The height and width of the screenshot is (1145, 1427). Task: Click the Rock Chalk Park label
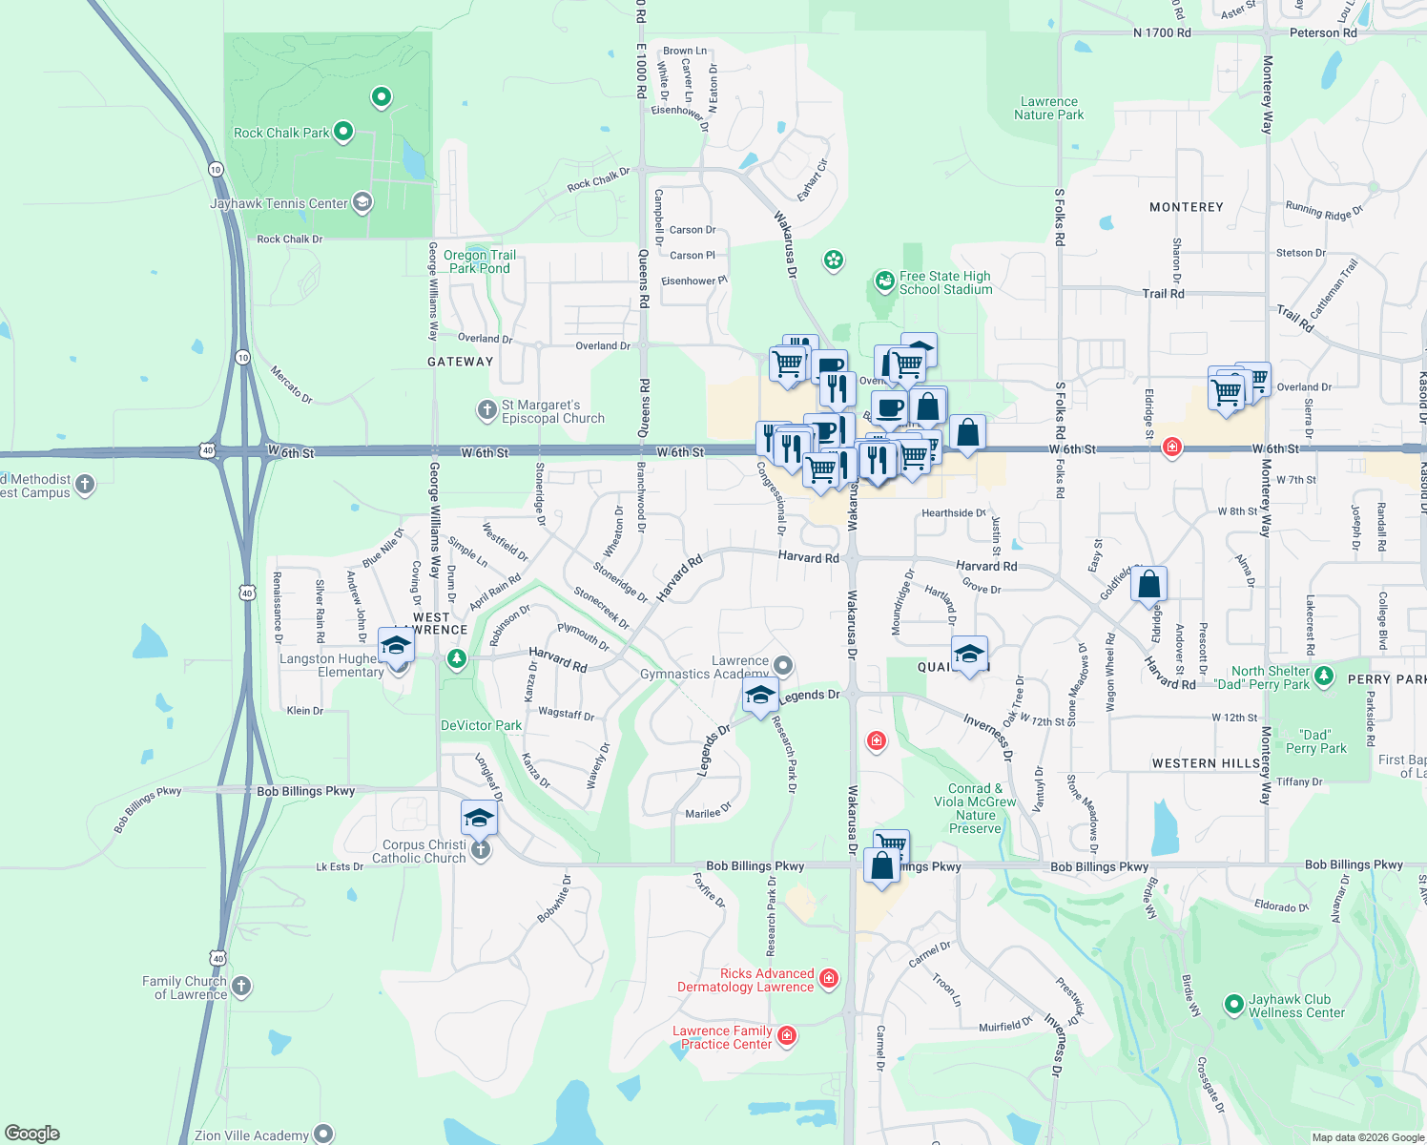pyautogui.click(x=281, y=133)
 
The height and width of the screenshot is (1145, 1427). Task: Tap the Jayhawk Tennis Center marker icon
pyautogui.click(x=362, y=202)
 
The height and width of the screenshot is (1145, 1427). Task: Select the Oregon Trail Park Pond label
pyautogui.click(x=480, y=261)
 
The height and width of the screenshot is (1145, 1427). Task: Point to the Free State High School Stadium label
pyautogui.click(x=945, y=282)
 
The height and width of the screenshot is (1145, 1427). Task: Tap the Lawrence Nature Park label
pyautogui.click(x=1049, y=108)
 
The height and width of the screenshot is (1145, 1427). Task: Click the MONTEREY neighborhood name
pyautogui.click(x=1186, y=207)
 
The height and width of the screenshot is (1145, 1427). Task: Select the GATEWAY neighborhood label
pyautogui.click(x=461, y=362)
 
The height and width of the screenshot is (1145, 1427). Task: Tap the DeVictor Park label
pyautogui.click(x=481, y=725)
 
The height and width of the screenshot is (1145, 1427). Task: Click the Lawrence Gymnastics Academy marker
pyautogui.click(x=783, y=665)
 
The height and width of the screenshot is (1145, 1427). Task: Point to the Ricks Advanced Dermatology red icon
pyautogui.click(x=829, y=978)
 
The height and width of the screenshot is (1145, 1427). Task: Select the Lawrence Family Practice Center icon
pyautogui.click(x=787, y=1035)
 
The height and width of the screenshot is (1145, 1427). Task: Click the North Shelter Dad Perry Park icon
pyautogui.click(x=1324, y=677)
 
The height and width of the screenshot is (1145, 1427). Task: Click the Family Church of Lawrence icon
pyautogui.click(x=241, y=986)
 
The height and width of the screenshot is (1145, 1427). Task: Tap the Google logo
pyautogui.click(x=32, y=1134)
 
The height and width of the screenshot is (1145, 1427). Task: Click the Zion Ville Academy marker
pyautogui.click(x=324, y=1134)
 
